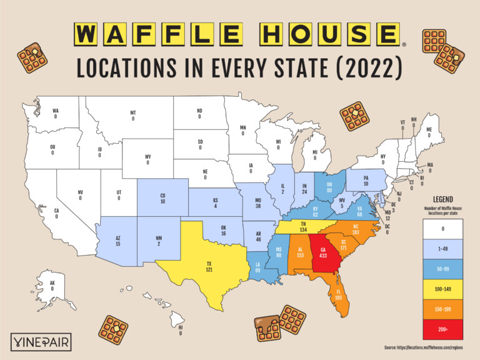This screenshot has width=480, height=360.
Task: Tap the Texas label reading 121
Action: point(209,267)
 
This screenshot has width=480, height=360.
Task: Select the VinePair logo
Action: point(41,342)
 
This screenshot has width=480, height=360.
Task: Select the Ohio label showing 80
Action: point(329,188)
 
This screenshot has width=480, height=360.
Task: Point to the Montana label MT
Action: point(133,116)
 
